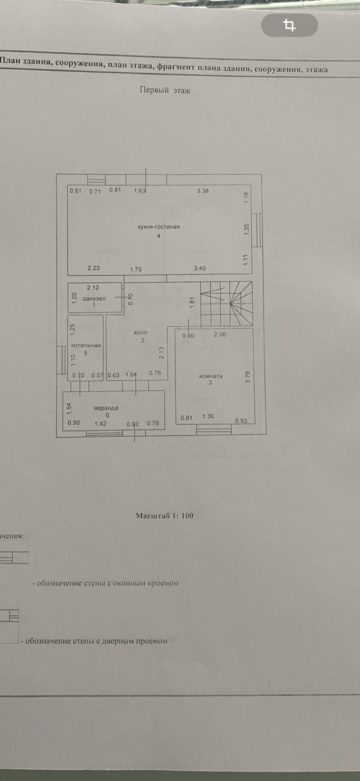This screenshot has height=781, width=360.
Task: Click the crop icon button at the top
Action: (x=290, y=25)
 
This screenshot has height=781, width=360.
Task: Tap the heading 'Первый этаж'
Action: (x=165, y=90)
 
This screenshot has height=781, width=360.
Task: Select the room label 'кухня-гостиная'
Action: (x=158, y=227)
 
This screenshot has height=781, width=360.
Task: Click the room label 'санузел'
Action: (x=94, y=298)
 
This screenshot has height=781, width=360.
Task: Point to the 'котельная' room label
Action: (x=86, y=345)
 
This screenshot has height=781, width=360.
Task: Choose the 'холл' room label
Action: (x=140, y=332)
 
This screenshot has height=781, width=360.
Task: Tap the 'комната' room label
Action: (x=211, y=376)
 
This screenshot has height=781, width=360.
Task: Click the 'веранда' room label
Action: (x=106, y=408)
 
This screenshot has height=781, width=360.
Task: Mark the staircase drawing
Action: (x=226, y=304)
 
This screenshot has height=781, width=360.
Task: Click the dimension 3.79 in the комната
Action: (x=248, y=377)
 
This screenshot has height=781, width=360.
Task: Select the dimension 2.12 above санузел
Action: (x=93, y=288)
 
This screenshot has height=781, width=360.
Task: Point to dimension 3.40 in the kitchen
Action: (x=200, y=268)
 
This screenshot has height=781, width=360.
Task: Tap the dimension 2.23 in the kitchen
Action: (x=94, y=268)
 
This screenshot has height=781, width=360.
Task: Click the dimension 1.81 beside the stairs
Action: (x=192, y=302)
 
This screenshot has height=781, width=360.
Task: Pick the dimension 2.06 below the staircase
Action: (x=220, y=334)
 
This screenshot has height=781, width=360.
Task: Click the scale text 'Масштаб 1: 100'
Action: (x=164, y=516)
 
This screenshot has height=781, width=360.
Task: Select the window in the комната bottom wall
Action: (x=213, y=429)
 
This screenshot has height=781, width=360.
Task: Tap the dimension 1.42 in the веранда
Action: (x=100, y=424)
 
